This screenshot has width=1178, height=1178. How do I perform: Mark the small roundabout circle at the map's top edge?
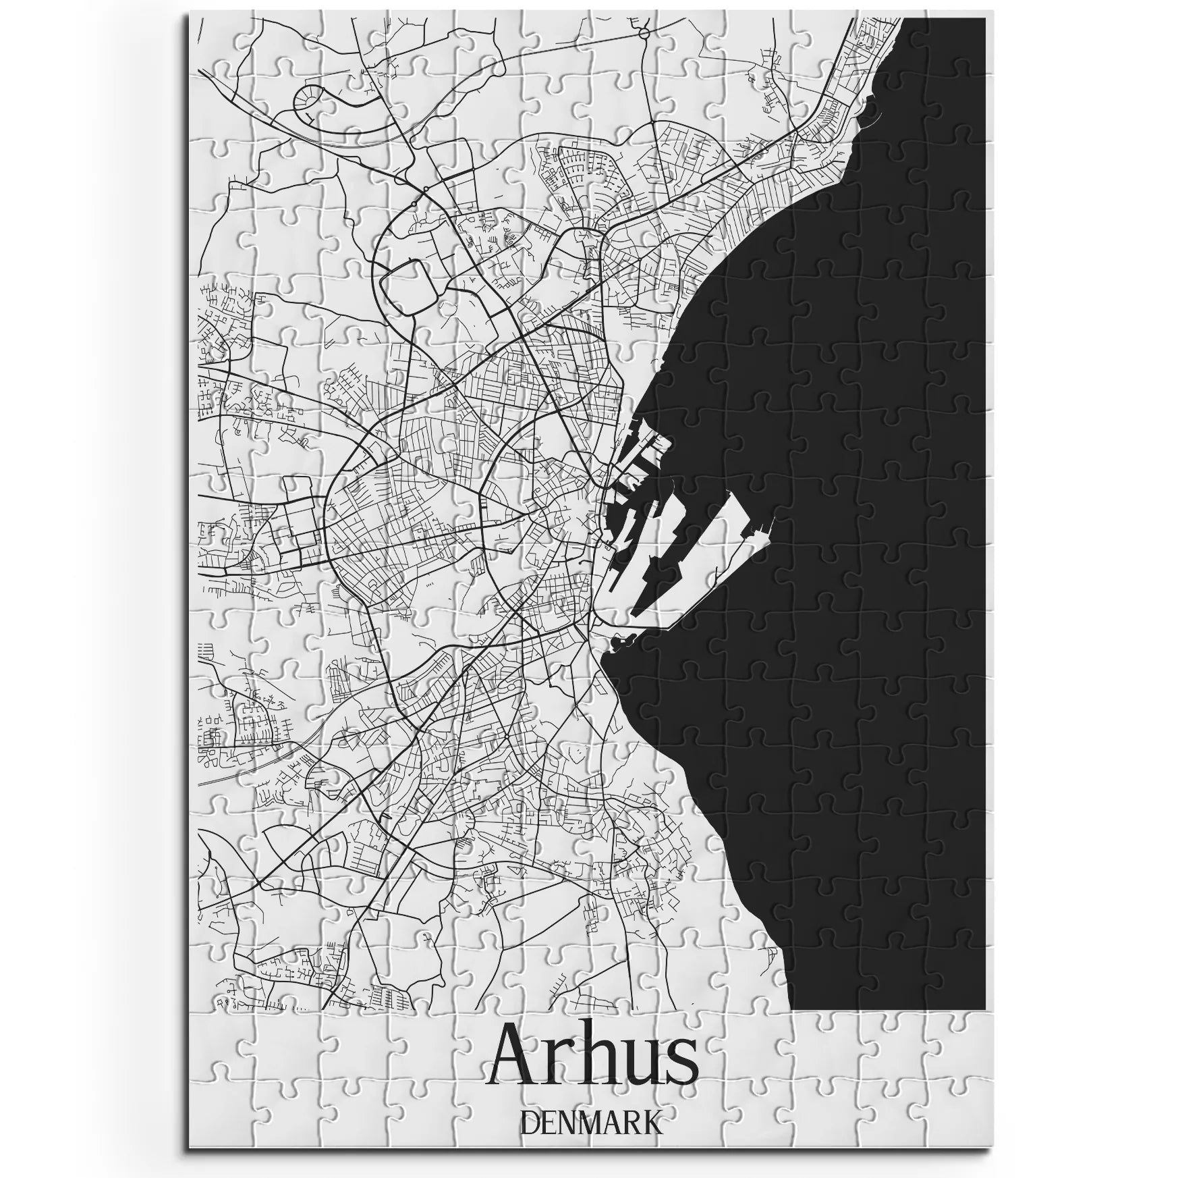(644, 32)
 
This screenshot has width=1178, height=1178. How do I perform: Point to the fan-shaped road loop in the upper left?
(314, 101)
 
